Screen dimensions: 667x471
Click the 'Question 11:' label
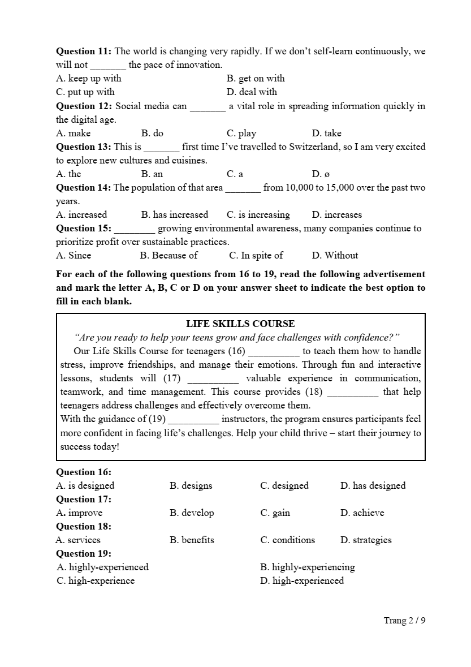click(x=84, y=51)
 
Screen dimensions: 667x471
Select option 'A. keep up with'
click(x=89, y=79)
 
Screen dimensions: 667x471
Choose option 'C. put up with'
click(x=85, y=92)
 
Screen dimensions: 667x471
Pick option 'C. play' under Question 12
click(x=241, y=134)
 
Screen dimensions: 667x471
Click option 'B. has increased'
click(x=175, y=215)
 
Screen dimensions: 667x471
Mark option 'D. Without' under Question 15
click(x=335, y=256)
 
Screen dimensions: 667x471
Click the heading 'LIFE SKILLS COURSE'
click(x=240, y=324)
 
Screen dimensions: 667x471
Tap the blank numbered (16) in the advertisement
click(x=274, y=351)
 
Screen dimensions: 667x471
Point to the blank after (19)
click(x=193, y=420)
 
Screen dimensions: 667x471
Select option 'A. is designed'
click(x=85, y=486)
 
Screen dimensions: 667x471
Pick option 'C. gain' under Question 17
click(x=275, y=513)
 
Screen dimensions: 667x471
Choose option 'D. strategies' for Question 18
click(x=366, y=540)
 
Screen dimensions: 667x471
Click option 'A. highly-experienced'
click(x=103, y=567)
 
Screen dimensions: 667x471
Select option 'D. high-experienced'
click(x=302, y=581)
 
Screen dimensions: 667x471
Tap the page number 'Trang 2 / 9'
click(x=404, y=621)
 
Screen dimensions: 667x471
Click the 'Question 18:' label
click(x=84, y=527)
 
